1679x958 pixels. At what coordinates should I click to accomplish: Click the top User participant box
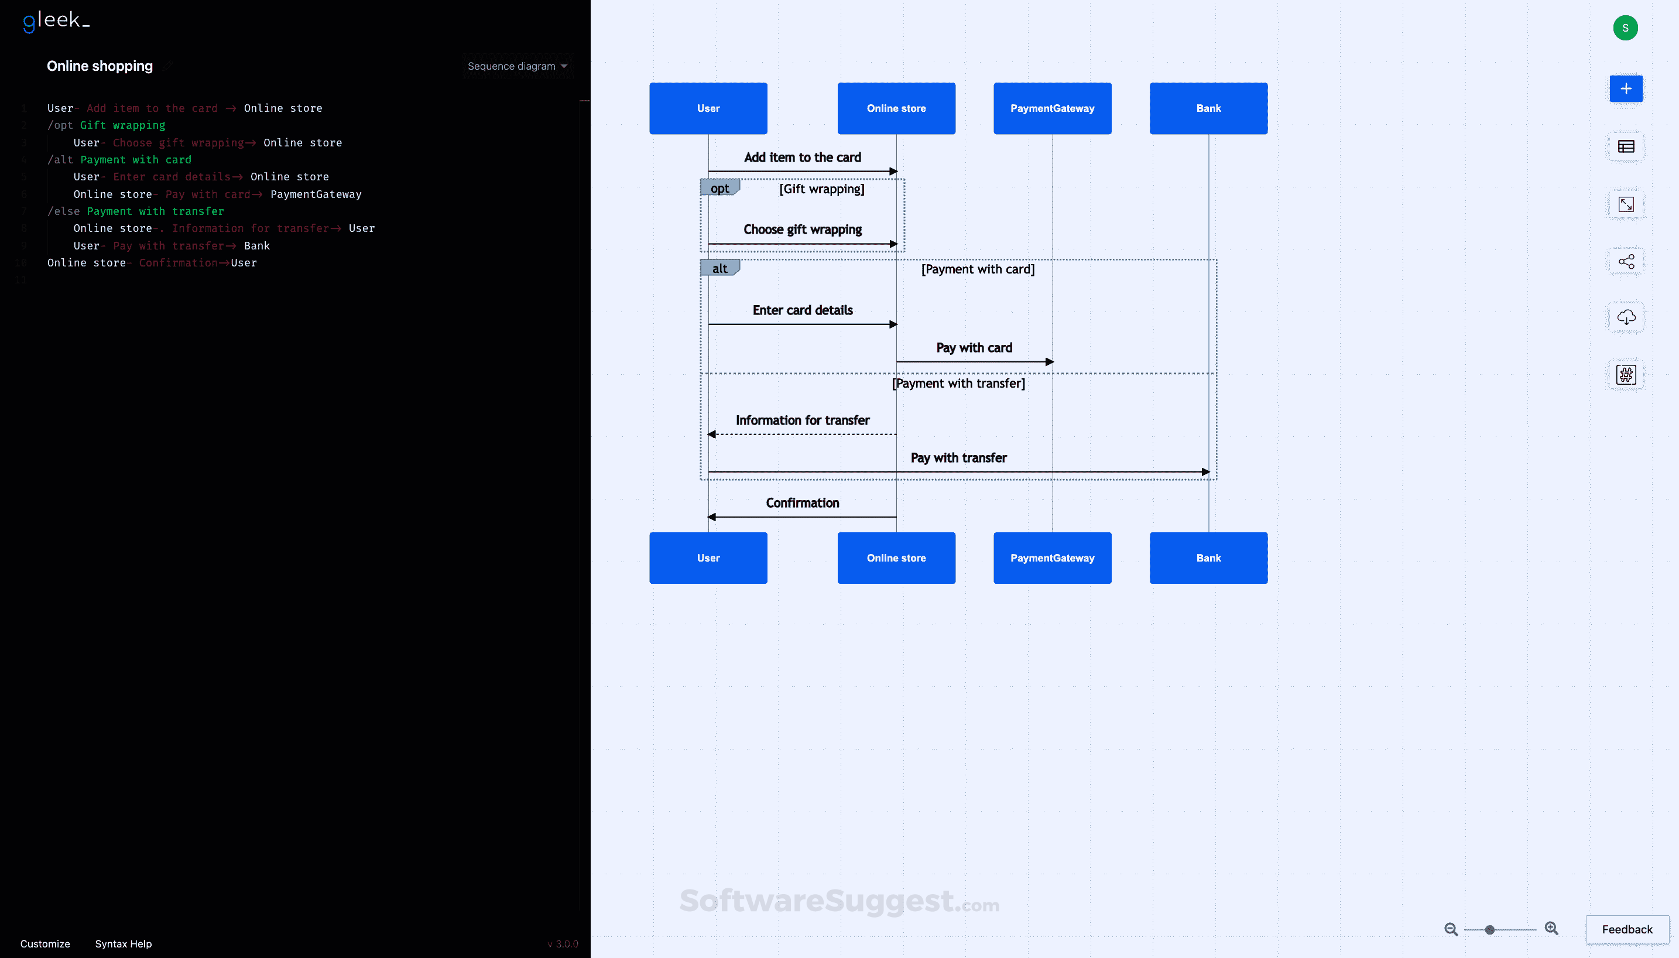click(x=708, y=108)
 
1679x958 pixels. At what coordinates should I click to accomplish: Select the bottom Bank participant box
click(x=1208, y=558)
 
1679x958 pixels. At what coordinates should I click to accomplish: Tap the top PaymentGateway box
click(x=1051, y=108)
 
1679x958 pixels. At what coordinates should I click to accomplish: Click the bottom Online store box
click(x=896, y=558)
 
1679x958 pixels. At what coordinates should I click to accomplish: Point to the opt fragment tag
click(x=719, y=188)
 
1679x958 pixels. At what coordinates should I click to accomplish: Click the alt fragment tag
click(x=719, y=268)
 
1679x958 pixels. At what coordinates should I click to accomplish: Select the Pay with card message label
click(x=974, y=347)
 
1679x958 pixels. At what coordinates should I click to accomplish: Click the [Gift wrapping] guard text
click(x=821, y=189)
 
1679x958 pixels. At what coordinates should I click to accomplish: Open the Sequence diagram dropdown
click(x=517, y=66)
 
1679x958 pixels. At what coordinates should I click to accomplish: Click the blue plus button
click(x=1625, y=89)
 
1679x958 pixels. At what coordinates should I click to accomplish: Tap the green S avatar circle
click(x=1625, y=28)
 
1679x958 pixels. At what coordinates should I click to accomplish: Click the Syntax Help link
click(x=123, y=943)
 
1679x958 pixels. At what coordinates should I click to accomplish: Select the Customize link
click(x=44, y=943)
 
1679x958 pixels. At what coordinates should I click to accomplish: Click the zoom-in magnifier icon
click(x=1551, y=928)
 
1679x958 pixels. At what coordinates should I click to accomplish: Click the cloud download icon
click(x=1625, y=317)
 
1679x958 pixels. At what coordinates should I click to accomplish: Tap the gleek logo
click(x=56, y=21)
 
